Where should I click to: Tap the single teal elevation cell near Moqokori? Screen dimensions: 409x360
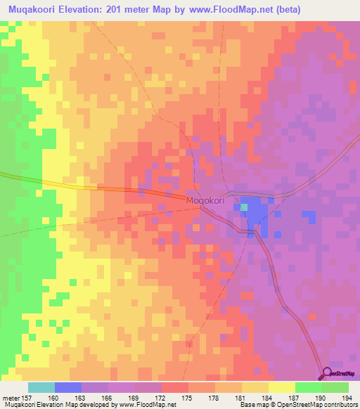pyautogui.click(x=244, y=207)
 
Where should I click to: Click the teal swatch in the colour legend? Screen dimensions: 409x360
pyautogui.click(x=41, y=387)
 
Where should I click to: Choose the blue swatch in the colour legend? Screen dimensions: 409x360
pyautogui.click(x=68, y=387)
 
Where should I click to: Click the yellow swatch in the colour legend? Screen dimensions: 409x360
pyautogui.click(x=281, y=387)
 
